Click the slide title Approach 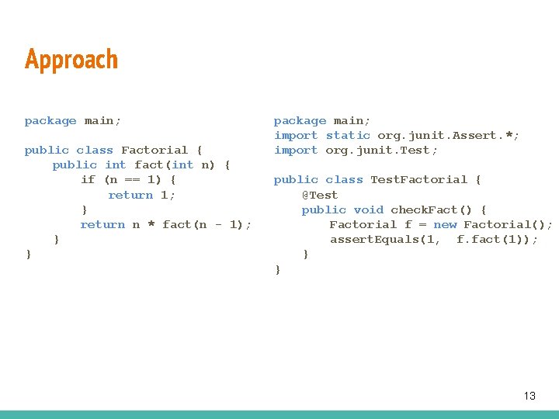coord(71,60)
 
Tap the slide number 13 coord(529,396)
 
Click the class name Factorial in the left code coord(155,150)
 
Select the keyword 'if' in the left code coord(88,179)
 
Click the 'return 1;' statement coord(142,195)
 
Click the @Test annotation coord(320,195)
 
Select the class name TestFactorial coord(418,180)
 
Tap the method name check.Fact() coord(435,209)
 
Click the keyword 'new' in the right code coord(445,224)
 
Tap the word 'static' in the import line coord(348,135)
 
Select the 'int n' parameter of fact coord(193,164)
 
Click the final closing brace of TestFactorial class coord(277,269)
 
